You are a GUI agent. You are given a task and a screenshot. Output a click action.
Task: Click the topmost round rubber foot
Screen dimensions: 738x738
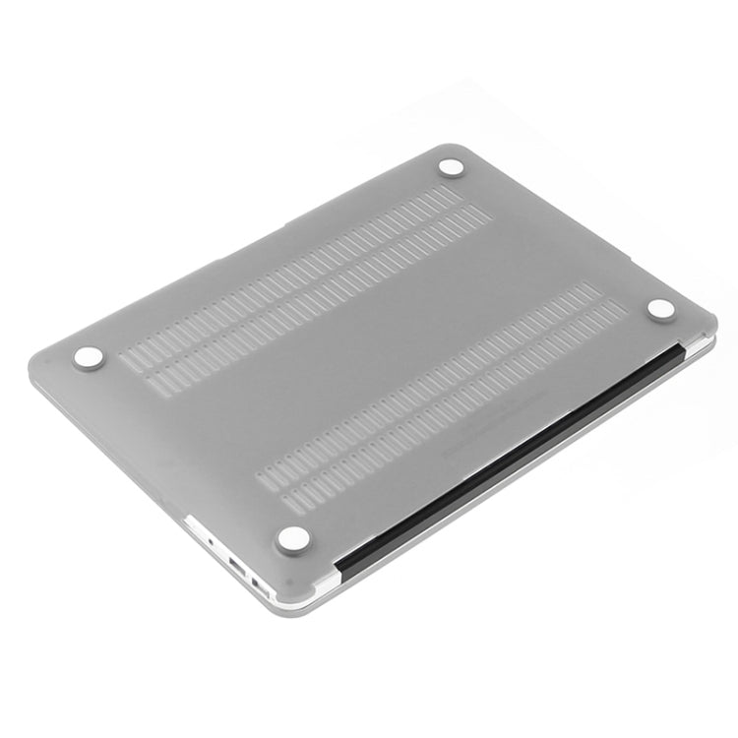pyautogui.click(x=452, y=168)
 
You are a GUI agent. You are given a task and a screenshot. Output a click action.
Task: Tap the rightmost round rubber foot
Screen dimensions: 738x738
pyautogui.click(x=661, y=309)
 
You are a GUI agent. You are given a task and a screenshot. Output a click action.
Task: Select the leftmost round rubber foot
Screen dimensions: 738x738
pyautogui.click(x=88, y=359)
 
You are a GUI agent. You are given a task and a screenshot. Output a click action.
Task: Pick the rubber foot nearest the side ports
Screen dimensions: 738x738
pyautogui.click(x=293, y=536)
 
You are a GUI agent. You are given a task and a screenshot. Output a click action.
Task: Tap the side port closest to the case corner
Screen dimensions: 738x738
pyautogui.click(x=263, y=584)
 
